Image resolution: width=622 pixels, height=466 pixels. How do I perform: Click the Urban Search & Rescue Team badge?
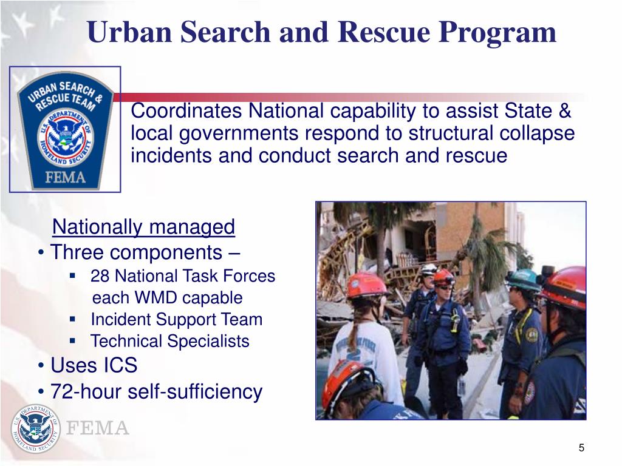[65, 129]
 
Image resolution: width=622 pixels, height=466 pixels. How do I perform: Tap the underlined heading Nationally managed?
[143, 227]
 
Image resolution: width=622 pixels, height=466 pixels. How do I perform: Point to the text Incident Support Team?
[176, 320]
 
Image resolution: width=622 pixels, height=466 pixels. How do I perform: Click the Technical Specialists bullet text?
[170, 342]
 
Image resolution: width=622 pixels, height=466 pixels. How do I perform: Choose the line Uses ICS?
[94, 366]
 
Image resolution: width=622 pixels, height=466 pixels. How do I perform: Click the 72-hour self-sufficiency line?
[156, 392]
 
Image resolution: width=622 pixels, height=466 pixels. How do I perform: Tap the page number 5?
[581, 448]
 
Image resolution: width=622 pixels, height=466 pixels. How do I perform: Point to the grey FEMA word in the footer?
[97, 429]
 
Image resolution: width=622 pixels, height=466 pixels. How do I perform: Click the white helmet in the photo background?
[429, 269]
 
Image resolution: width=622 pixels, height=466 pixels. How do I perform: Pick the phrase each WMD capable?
[167, 299]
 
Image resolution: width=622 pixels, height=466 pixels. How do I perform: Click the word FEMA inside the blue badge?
[65, 177]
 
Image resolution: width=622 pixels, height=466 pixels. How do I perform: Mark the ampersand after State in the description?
[564, 112]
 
